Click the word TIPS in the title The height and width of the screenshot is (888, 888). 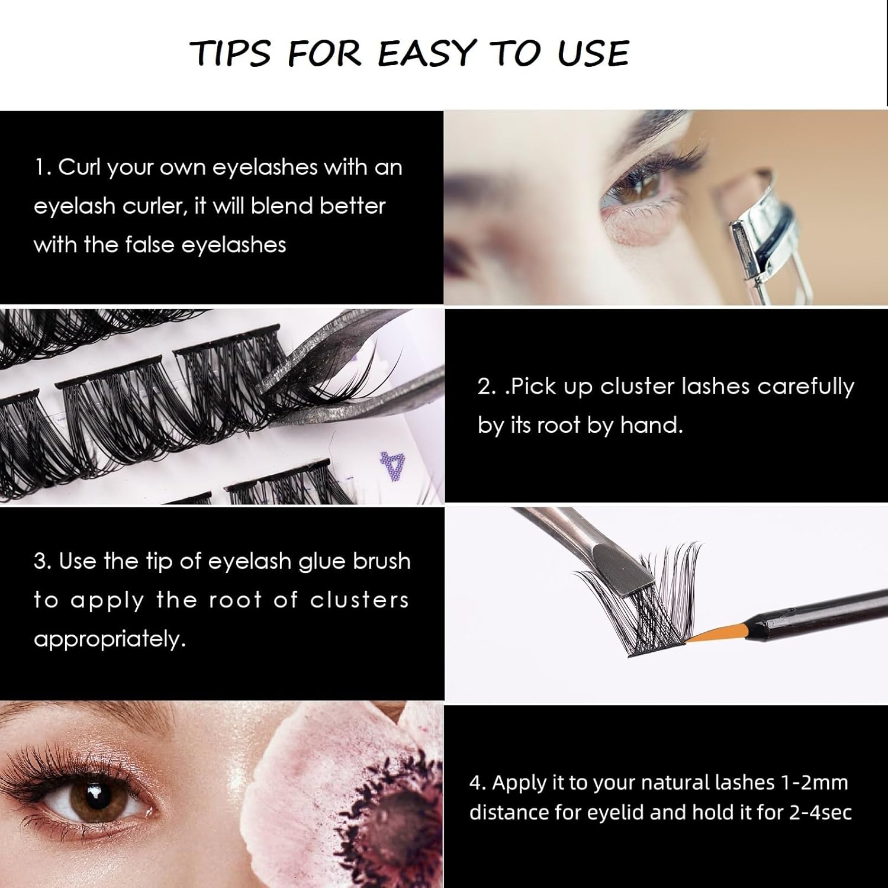point(233,53)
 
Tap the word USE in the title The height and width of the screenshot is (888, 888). point(593,53)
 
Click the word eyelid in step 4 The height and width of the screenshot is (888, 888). point(615,812)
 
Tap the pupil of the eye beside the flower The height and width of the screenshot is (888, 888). point(93,799)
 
